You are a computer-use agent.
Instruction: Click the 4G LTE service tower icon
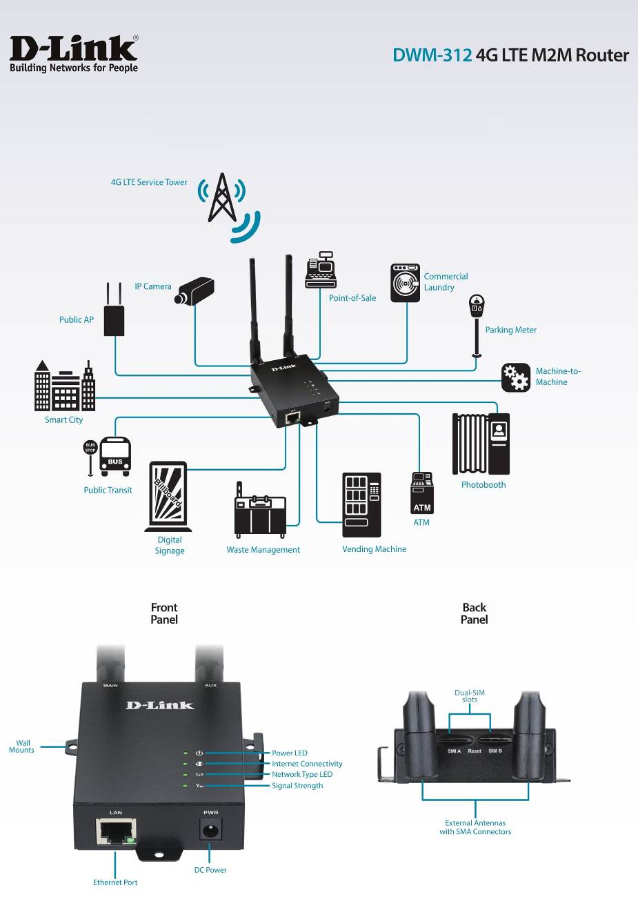point(222,199)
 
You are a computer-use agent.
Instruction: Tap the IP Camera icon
point(195,290)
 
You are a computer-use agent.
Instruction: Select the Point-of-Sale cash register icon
point(321,270)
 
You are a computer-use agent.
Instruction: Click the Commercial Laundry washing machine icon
point(405,283)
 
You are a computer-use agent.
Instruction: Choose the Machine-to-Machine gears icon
point(515,377)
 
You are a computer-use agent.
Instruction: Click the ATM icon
point(422,493)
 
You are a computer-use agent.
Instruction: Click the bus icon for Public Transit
point(115,456)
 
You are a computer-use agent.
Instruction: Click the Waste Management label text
point(263,550)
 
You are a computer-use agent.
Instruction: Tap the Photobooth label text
point(483,485)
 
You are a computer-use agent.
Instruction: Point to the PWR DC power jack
point(210,829)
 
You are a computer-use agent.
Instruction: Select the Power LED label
point(289,753)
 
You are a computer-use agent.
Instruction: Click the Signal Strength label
point(297,786)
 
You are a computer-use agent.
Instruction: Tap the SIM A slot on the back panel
point(453,742)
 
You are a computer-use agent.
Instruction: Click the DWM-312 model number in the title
point(432,55)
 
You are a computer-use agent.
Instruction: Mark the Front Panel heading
point(164,613)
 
